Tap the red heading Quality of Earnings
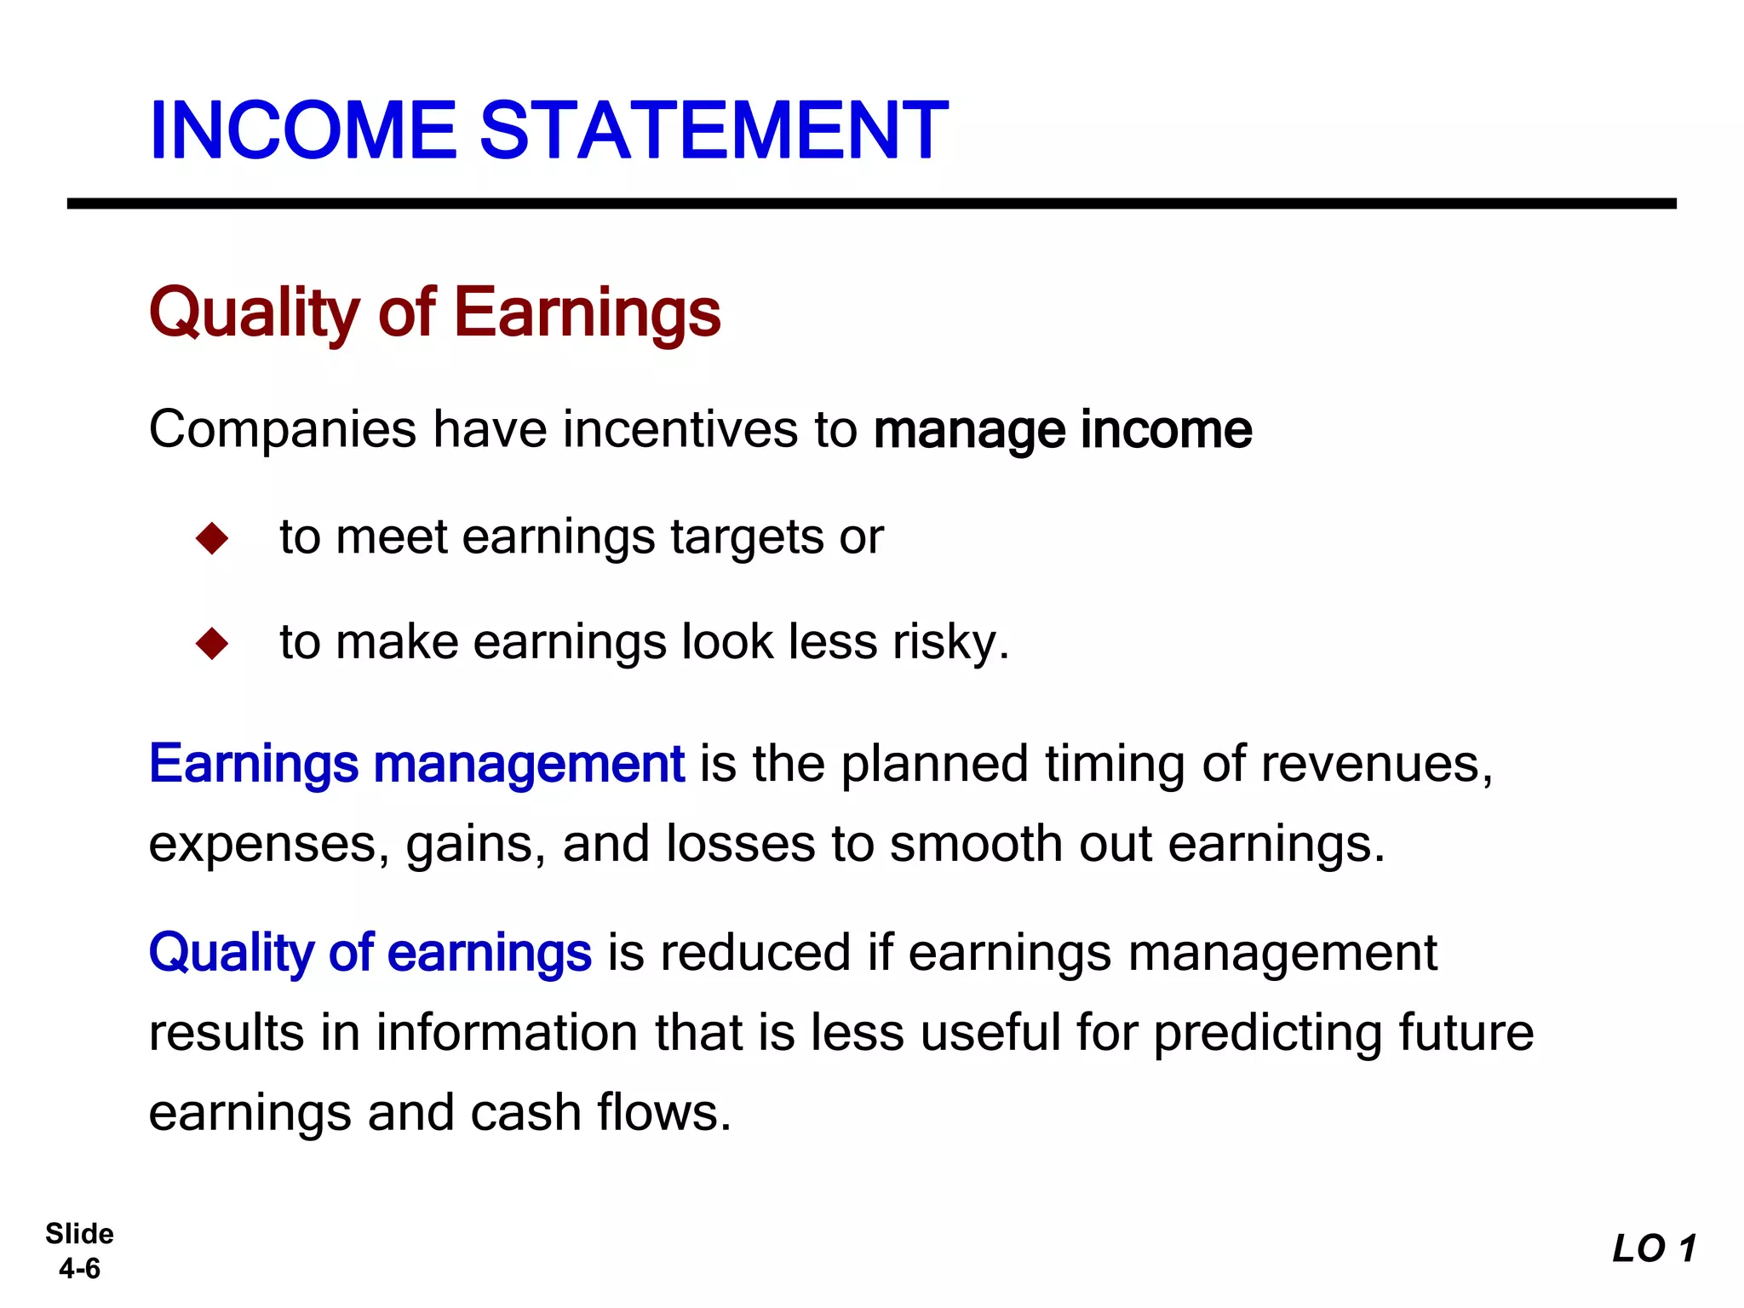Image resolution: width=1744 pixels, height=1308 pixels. click(434, 313)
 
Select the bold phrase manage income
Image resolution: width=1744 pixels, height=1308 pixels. click(1063, 429)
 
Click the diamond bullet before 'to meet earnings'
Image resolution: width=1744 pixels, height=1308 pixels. click(212, 538)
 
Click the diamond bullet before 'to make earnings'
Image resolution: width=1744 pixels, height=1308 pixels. click(212, 643)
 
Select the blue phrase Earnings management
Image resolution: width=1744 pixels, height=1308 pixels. click(416, 763)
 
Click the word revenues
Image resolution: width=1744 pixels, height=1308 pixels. click(1375, 763)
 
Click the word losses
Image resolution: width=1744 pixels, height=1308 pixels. click(740, 844)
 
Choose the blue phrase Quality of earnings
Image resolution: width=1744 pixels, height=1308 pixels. click(370, 952)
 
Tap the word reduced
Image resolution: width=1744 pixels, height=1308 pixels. click(755, 952)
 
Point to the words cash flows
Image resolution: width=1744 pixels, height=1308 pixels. click(599, 1113)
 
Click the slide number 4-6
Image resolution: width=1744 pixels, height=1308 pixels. click(79, 1269)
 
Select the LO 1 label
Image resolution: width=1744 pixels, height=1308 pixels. click(1654, 1249)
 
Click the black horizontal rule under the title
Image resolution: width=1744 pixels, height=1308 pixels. click(871, 204)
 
